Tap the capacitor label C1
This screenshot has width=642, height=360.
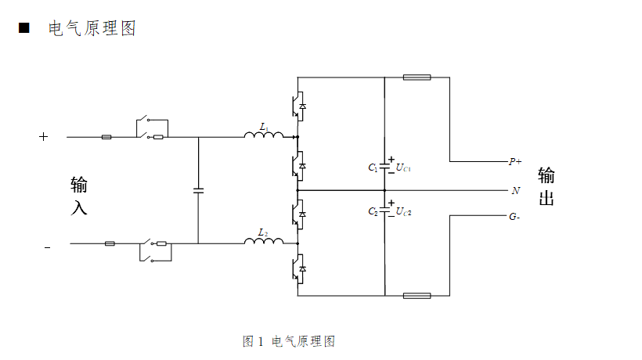tap(373, 167)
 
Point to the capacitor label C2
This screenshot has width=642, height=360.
tap(373, 211)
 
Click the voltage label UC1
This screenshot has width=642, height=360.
tap(404, 167)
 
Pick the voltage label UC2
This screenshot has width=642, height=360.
tap(404, 211)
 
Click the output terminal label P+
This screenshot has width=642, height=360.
tap(514, 162)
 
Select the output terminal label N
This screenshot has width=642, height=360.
tap(515, 190)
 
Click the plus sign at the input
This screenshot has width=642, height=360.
tap(44, 137)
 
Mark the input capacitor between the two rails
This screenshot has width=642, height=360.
tap(198, 190)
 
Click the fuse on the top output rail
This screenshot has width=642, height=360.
tap(417, 77)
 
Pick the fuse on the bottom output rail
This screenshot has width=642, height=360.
tap(417, 296)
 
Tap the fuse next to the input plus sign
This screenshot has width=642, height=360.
tap(106, 137)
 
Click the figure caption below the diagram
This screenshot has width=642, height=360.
tap(289, 341)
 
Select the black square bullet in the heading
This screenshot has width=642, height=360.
tap(23, 28)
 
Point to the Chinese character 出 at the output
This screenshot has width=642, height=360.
tap(546, 198)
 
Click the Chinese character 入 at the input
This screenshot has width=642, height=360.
tap(79, 208)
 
